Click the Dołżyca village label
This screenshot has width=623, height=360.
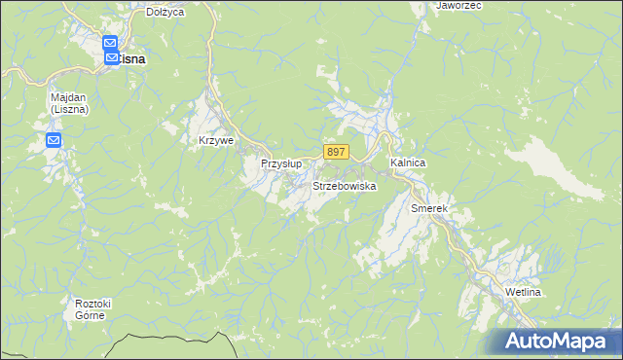[x=165, y=12]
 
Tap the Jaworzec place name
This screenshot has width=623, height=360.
[x=460, y=5]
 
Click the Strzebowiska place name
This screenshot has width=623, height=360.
[x=345, y=185]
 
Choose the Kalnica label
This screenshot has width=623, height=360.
[x=408, y=162]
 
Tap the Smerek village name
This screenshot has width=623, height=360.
[x=428, y=209]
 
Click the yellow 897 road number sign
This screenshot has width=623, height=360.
[x=336, y=152]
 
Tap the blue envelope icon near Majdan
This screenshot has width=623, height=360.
[x=54, y=142]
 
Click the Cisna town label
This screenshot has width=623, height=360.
[x=132, y=59]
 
